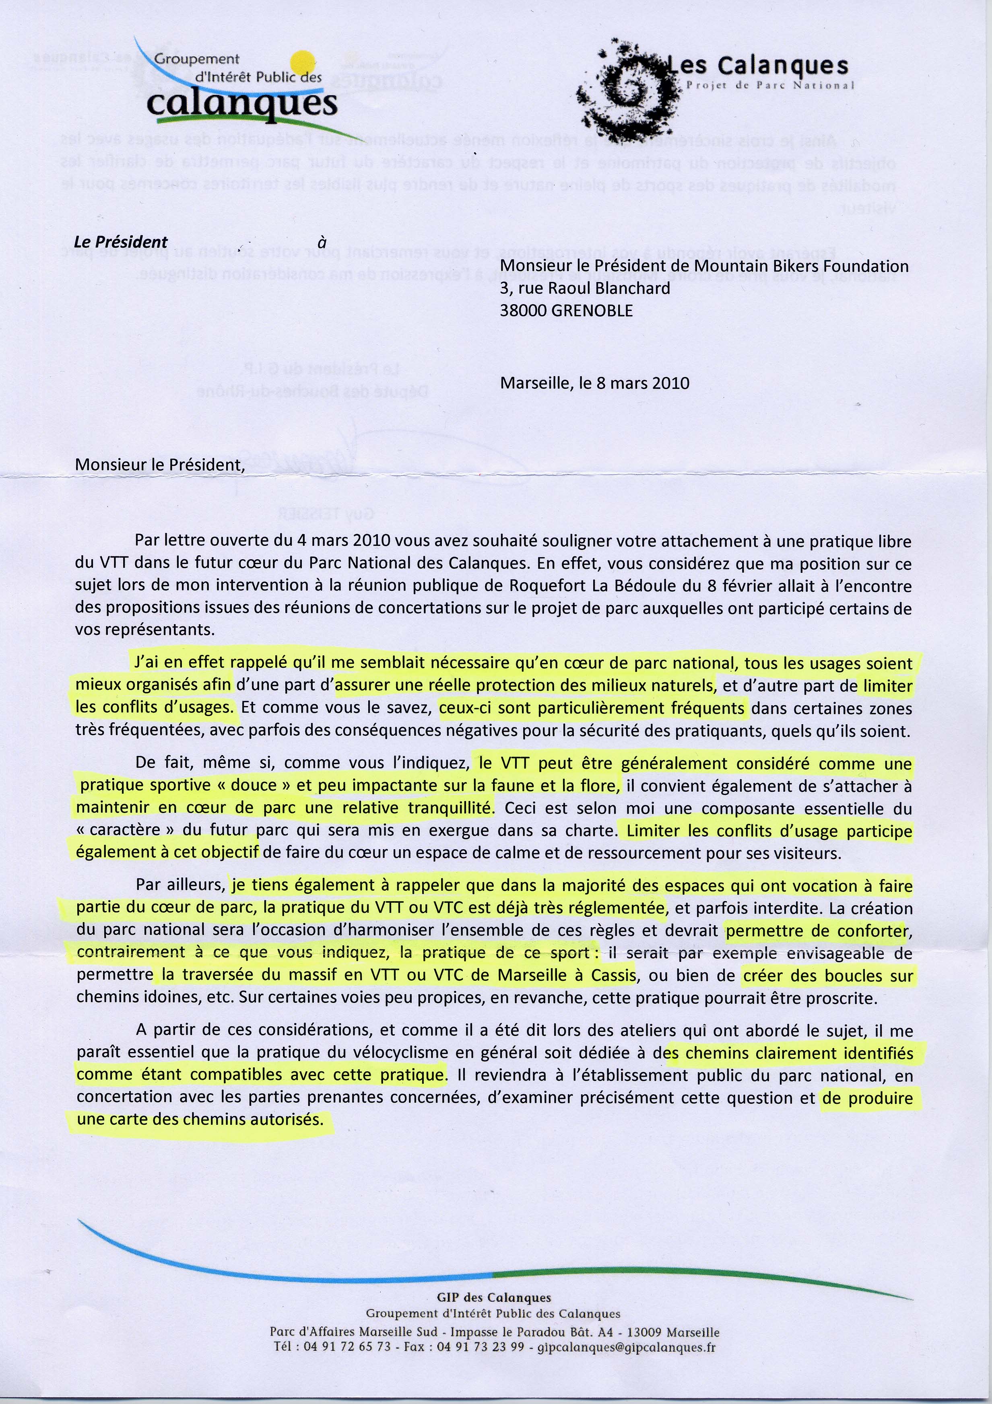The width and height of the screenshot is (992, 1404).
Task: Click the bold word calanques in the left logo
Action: (242, 104)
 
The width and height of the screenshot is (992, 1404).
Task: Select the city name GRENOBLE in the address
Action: (592, 311)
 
